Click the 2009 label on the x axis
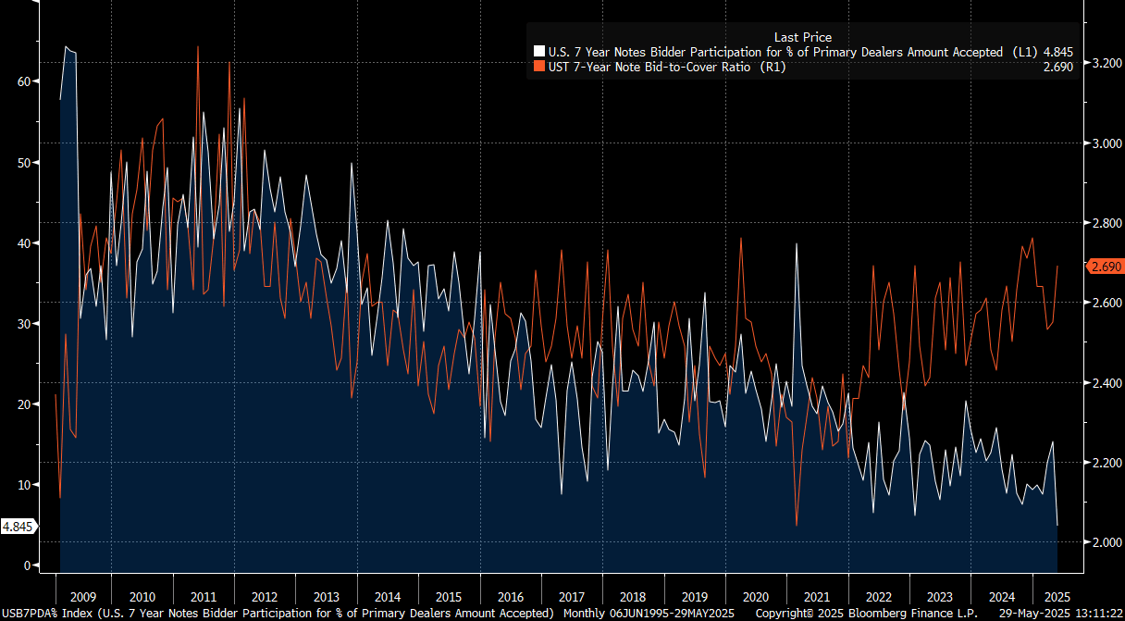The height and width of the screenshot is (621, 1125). (82, 597)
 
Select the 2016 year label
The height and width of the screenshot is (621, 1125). (509, 597)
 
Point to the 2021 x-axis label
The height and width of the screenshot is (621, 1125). (817, 597)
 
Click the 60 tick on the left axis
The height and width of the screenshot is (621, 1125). (24, 81)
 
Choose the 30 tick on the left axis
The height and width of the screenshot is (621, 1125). (24, 324)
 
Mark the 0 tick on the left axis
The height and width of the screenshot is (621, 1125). (28, 565)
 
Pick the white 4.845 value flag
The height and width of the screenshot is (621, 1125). (19, 527)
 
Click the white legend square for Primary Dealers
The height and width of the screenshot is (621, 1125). (538, 53)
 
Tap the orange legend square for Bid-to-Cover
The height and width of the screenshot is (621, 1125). (538, 67)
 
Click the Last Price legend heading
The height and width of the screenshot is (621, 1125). (802, 37)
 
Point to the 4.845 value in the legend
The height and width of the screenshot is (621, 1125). (1056, 53)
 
